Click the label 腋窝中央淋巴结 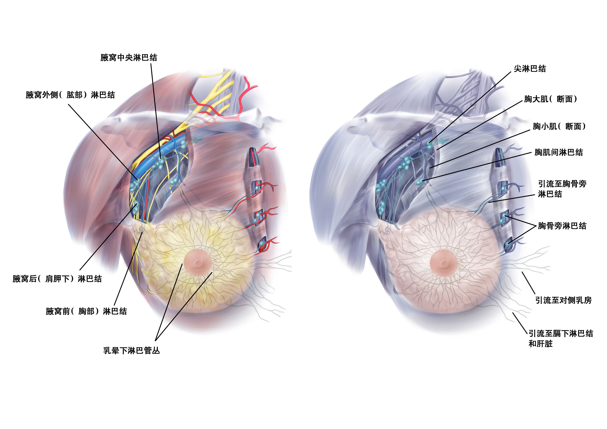(129, 57)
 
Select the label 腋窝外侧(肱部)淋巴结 (70, 95)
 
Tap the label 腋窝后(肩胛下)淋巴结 (57, 279)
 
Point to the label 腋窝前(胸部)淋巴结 (86, 311)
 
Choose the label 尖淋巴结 (530, 69)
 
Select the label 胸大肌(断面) (550, 99)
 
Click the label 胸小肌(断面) (559, 126)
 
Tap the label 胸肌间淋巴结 (559, 152)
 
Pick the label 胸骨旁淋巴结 (562, 226)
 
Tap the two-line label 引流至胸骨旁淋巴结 (562, 189)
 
